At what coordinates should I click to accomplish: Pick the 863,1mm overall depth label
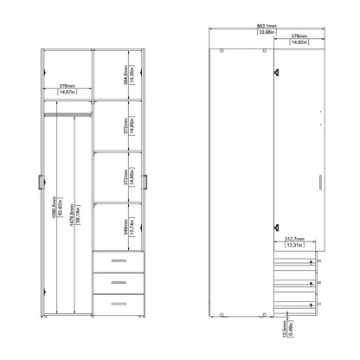pos(267,27)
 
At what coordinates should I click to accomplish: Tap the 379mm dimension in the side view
pos(297,38)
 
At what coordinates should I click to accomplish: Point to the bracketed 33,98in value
pos(267,34)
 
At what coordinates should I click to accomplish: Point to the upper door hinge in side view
pos(276,73)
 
